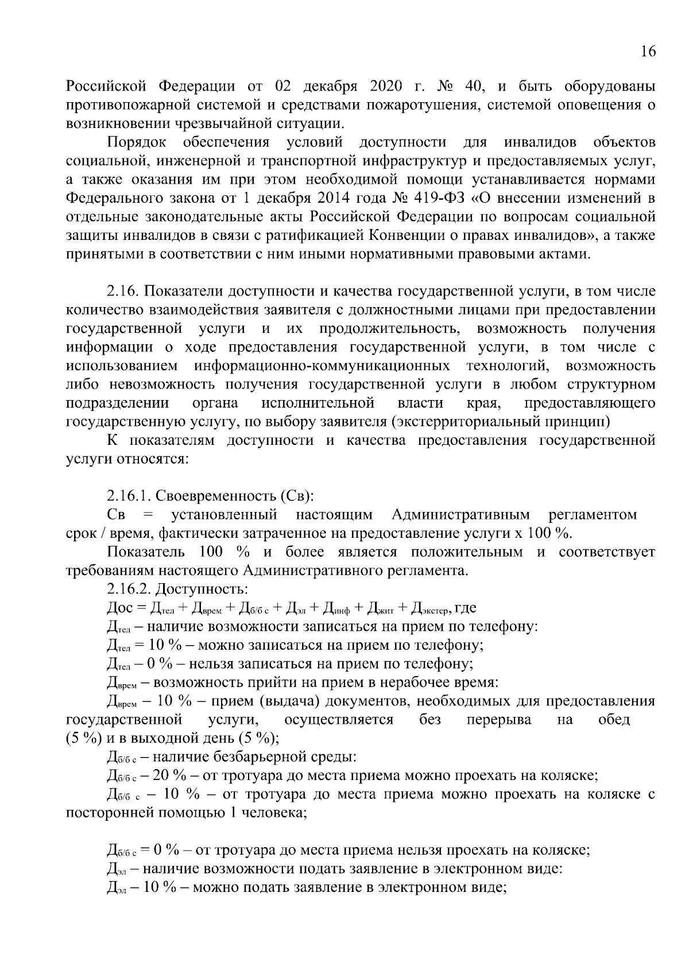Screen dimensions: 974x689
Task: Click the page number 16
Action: coord(648,52)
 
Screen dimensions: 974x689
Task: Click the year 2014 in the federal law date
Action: coord(332,199)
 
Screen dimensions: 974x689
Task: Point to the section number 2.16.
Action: coord(123,292)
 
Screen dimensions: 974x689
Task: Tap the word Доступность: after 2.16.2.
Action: coord(203,589)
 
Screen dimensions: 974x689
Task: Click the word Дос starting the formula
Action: coord(120,608)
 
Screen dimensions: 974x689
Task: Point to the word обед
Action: coord(614,720)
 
